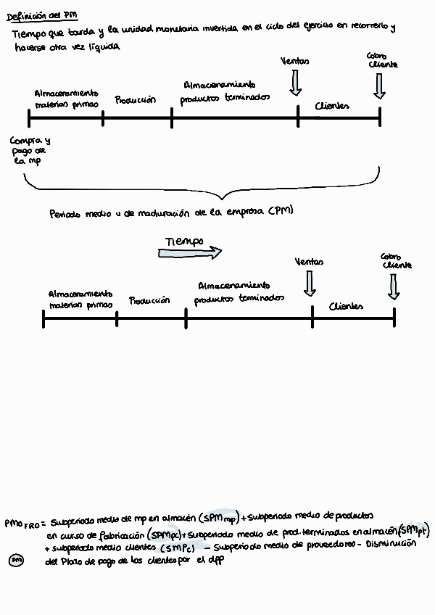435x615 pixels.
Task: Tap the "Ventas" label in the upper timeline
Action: [x=294, y=62]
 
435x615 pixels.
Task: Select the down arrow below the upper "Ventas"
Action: [x=294, y=83]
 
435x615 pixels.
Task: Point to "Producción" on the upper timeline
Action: [x=135, y=100]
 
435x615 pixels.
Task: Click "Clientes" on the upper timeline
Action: [x=332, y=106]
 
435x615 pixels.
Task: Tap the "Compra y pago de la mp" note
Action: [x=30, y=151]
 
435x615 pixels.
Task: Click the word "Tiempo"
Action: [x=183, y=241]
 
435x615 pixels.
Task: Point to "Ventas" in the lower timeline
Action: [x=310, y=262]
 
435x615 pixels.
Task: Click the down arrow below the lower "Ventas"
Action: [x=310, y=283]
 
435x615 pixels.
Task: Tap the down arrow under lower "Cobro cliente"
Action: [x=394, y=286]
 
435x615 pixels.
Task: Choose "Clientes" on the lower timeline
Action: [x=346, y=306]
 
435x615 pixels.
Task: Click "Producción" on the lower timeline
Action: [x=149, y=300]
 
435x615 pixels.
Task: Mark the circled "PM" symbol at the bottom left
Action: [x=16, y=560]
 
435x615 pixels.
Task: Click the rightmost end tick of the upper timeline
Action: [x=380, y=117]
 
